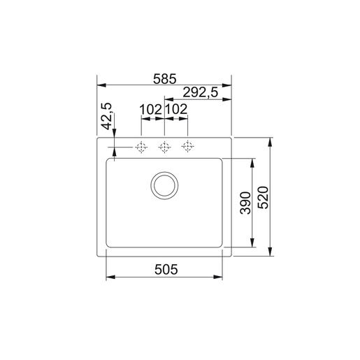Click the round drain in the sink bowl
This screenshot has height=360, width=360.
pyautogui.click(x=164, y=185)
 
